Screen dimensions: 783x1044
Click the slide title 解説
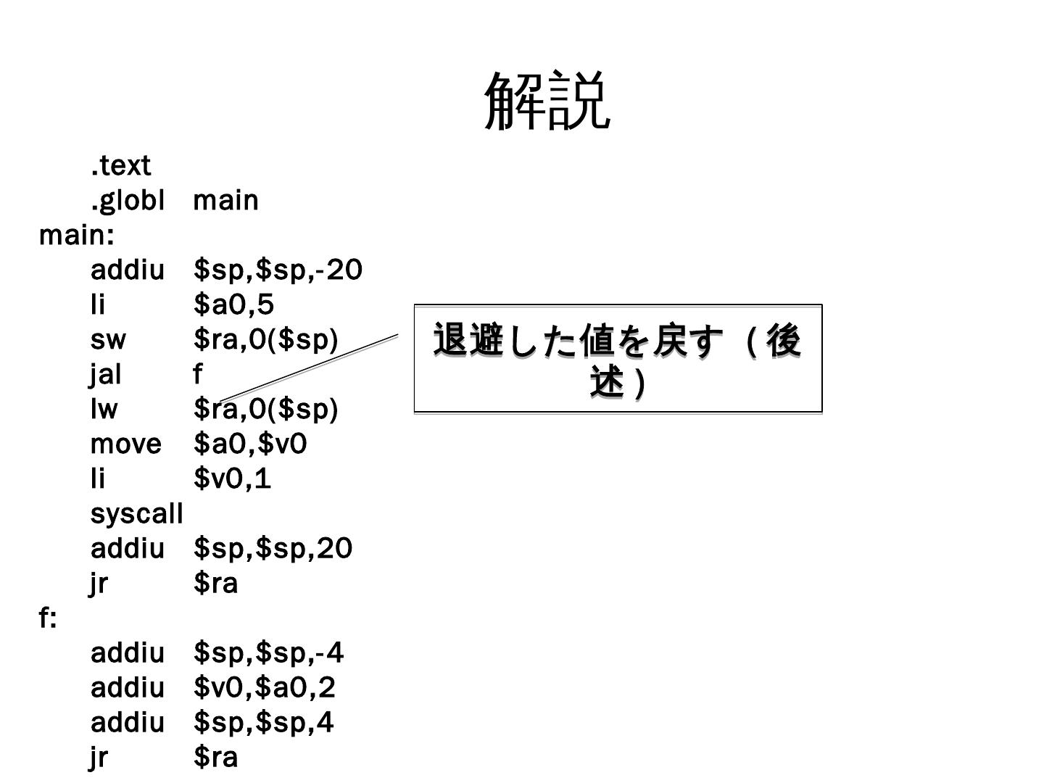coord(547,101)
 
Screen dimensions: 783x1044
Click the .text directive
coord(120,165)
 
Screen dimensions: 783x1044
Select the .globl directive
coord(128,200)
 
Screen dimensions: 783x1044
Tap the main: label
coord(76,235)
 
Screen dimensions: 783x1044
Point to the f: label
coord(48,618)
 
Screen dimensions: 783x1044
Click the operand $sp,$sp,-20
coord(278,270)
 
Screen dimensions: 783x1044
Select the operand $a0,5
coord(233,304)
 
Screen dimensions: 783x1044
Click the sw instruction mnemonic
coord(108,339)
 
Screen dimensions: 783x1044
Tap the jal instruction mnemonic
coord(106,374)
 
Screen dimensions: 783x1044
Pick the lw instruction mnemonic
coord(104,409)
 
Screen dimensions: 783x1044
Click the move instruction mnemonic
coord(125,444)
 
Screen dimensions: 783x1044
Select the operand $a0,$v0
coord(250,444)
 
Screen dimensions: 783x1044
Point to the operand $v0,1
coord(232,478)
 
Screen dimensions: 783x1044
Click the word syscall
coord(136,513)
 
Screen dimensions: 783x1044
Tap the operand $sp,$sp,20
coord(273,548)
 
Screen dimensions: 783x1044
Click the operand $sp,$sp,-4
coord(268,652)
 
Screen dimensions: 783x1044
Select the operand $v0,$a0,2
coord(265,687)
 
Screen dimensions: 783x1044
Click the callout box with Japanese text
coord(618,360)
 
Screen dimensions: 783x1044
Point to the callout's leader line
coord(308,368)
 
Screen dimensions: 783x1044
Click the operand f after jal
coord(198,374)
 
